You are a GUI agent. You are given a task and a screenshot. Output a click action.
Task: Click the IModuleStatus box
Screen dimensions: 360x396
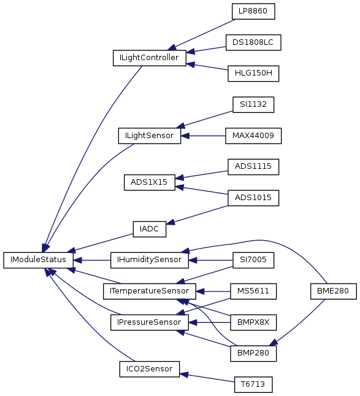click(x=38, y=260)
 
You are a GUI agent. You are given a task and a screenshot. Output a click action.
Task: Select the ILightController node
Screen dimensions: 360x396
click(x=150, y=58)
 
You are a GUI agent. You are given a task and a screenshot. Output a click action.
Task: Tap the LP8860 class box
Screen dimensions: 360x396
click(x=253, y=12)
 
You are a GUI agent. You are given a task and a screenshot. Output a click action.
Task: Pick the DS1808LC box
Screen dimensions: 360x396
click(x=253, y=42)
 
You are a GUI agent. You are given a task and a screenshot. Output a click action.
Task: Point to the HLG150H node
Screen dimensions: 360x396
click(x=253, y=74)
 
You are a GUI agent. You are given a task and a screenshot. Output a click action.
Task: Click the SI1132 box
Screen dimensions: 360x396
click(x=253, y=104)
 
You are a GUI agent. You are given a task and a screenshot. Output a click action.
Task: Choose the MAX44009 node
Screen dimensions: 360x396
click(x=253, y=136)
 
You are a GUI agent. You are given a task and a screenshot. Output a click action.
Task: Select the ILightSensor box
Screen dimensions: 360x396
click(x=150, y=136)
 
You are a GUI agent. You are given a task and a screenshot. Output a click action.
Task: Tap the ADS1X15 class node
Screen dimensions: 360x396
click(x=150, y=182)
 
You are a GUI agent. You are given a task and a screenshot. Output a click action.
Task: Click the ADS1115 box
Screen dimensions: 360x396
click(x=253, y=166)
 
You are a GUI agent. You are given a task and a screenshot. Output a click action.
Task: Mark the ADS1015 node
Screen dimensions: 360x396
click(x=253, y=198)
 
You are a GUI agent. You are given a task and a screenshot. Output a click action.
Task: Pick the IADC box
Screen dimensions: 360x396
click(x=150, y=229)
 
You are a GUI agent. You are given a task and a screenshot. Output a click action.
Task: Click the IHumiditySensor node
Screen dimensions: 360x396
click(x=150, y=260)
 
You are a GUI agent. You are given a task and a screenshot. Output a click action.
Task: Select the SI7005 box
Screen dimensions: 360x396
click(x=253, y=260)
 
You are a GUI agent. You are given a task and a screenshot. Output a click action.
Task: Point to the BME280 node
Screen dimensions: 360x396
click(x=333, y=291)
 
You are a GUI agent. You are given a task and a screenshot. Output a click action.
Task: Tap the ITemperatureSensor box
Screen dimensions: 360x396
click(x=150, y=291)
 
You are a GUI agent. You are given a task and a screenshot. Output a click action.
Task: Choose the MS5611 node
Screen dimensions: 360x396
click(x=253, y=291)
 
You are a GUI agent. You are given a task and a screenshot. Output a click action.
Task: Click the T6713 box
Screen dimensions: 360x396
click(x=253, y=384)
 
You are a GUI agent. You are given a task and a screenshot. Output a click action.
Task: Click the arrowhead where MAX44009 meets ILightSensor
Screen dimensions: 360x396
click(x=185, y=136)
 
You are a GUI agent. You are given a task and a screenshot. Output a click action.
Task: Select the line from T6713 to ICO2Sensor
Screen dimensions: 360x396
click(x=207, y=378)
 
